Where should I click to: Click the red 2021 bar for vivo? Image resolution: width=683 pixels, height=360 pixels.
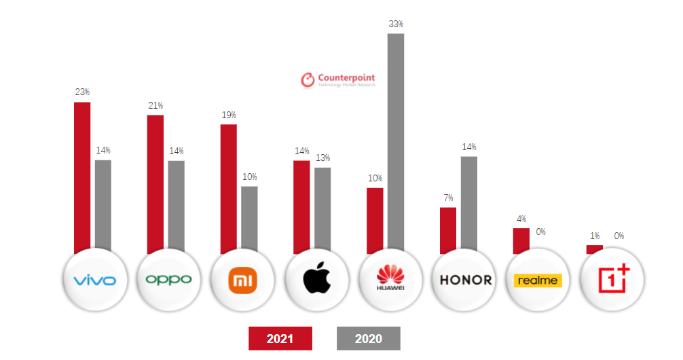tap(82, 177)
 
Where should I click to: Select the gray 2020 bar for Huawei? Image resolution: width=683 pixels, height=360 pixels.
tap(396, 143)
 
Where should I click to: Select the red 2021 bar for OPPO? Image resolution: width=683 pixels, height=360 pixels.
tap(155, 183)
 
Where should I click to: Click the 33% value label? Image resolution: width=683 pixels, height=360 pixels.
tap(396, 24)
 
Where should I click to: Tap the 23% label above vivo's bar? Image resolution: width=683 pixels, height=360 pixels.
tap(82, 92)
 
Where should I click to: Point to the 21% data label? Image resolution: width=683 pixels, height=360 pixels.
tap(155, 106)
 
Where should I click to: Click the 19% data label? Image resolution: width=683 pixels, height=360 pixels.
tap(229, 115)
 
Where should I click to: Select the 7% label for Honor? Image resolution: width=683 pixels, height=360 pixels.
tap(448, 198)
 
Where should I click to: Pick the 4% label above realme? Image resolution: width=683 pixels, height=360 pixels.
tap(521, 219)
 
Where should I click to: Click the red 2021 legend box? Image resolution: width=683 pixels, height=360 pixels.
tap(280, 338)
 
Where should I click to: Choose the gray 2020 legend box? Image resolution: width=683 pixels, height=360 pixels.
tap(368, 338)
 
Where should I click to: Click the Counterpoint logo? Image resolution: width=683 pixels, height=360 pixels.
tap(338, 79)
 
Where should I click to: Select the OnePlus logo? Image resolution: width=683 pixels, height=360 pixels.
tap(613, 279)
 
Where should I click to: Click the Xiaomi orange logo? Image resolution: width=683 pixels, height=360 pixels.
tap(242, 279)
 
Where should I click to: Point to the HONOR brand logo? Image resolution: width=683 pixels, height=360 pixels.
tap(465, 279)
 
